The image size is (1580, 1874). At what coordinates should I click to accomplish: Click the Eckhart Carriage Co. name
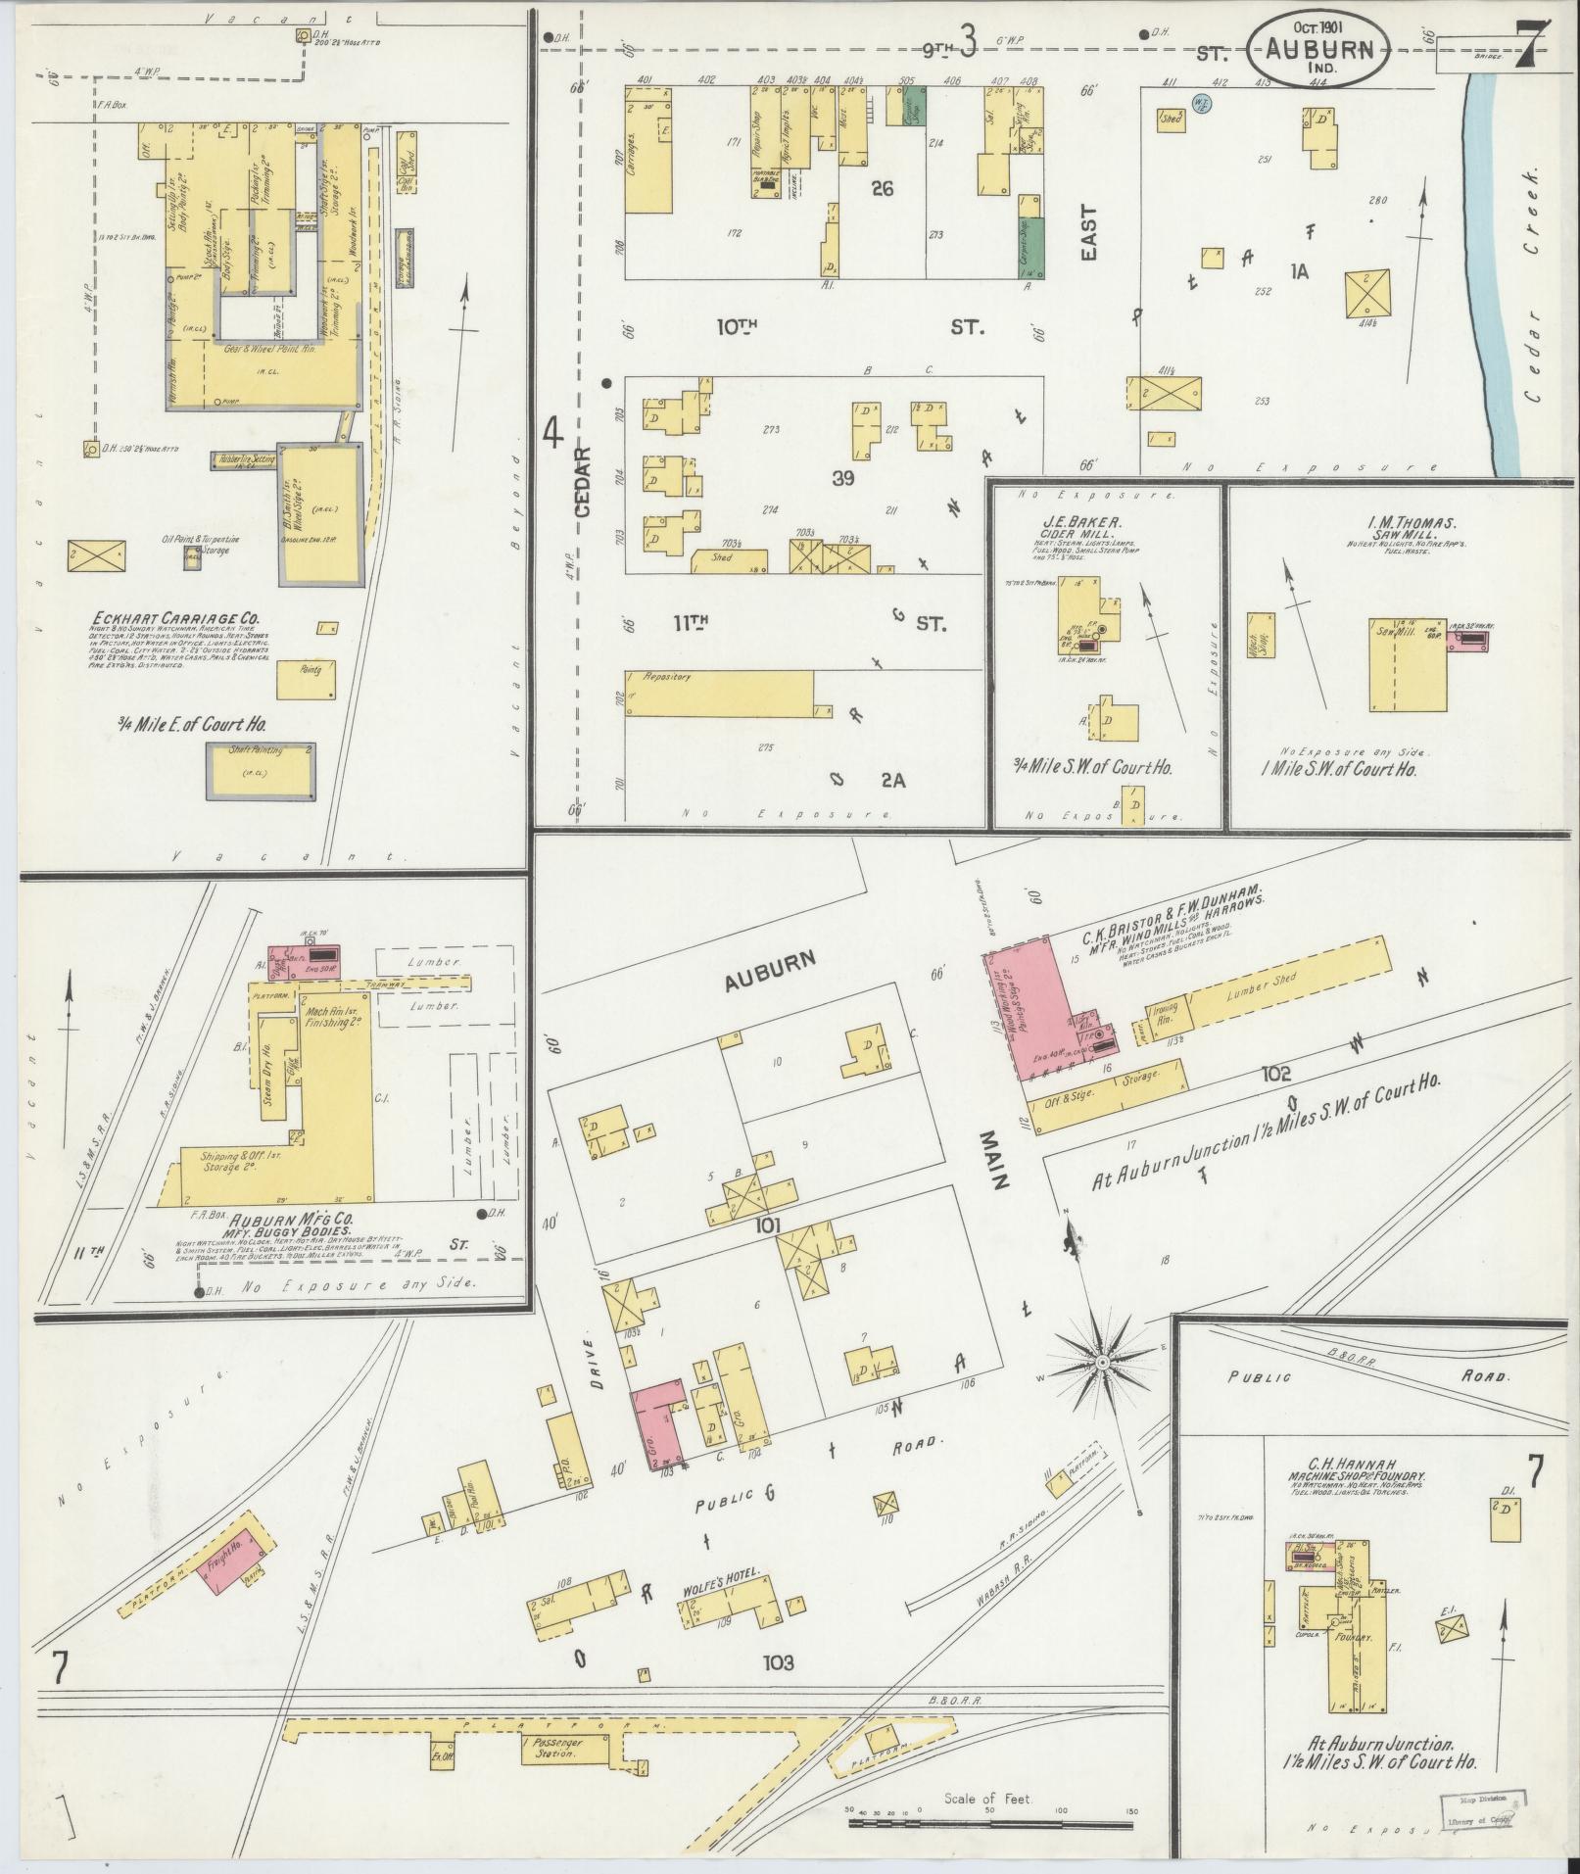click(175, 618)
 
